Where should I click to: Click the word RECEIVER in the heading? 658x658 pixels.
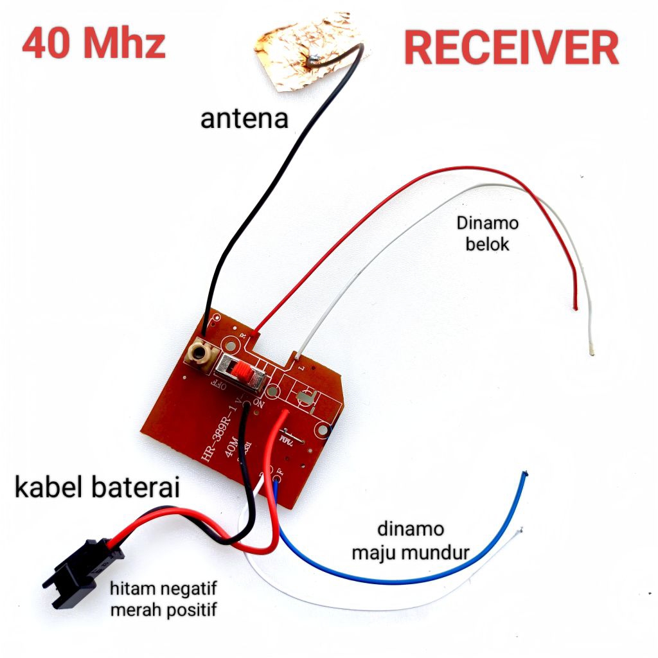pyautogui.click(x=511, y=48)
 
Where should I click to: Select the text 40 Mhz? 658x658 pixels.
pyautogui.click(x=94, y=44)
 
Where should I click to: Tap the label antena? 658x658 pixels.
pyautogui.click(x=244, y=119)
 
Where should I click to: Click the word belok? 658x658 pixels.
pyautogui.click(x=487, y=244)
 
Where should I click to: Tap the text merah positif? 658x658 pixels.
pyautogui.click(x=163, y=609)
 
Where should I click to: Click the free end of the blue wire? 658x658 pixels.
pyautogui.click(x=526, y=474)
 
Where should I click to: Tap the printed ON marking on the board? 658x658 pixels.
pyautogui.click(x=259, y=403)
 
